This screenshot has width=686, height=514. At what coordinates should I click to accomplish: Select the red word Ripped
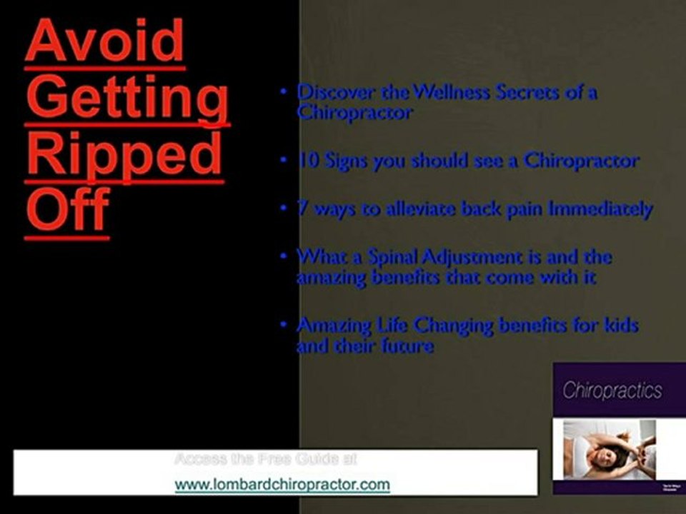pos(124,156)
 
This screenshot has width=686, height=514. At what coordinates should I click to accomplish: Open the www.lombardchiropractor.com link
pos(282,485)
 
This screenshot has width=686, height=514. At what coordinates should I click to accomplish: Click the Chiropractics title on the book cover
pos(612,391)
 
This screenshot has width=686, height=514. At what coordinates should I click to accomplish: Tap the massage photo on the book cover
pos(609,450)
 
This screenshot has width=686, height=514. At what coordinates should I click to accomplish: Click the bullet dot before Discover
pos(284,91)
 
